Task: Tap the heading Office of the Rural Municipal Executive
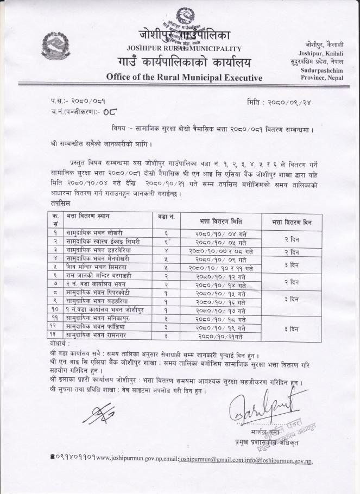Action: click(x=184, y=78)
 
